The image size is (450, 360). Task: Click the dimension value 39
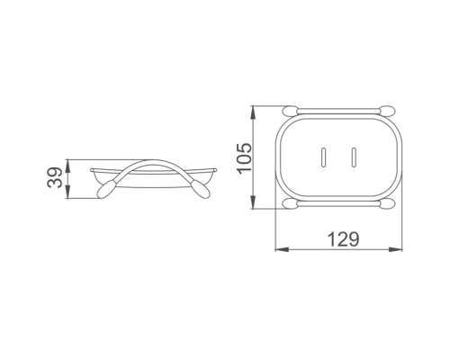point(55,178)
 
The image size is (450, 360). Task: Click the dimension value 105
point(244,157)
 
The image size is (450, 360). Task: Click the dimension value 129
point(343,239)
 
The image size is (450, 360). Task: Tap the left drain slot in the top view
point(323,157)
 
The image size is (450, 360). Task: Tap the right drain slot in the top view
point(354,157)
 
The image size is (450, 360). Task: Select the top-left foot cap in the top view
point(291,110)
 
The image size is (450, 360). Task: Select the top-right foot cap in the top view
point(387,110)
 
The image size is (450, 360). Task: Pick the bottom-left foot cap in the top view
point(291,203)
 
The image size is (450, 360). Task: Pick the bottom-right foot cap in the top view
point(387,203)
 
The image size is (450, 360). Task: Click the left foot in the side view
point(105,189)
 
